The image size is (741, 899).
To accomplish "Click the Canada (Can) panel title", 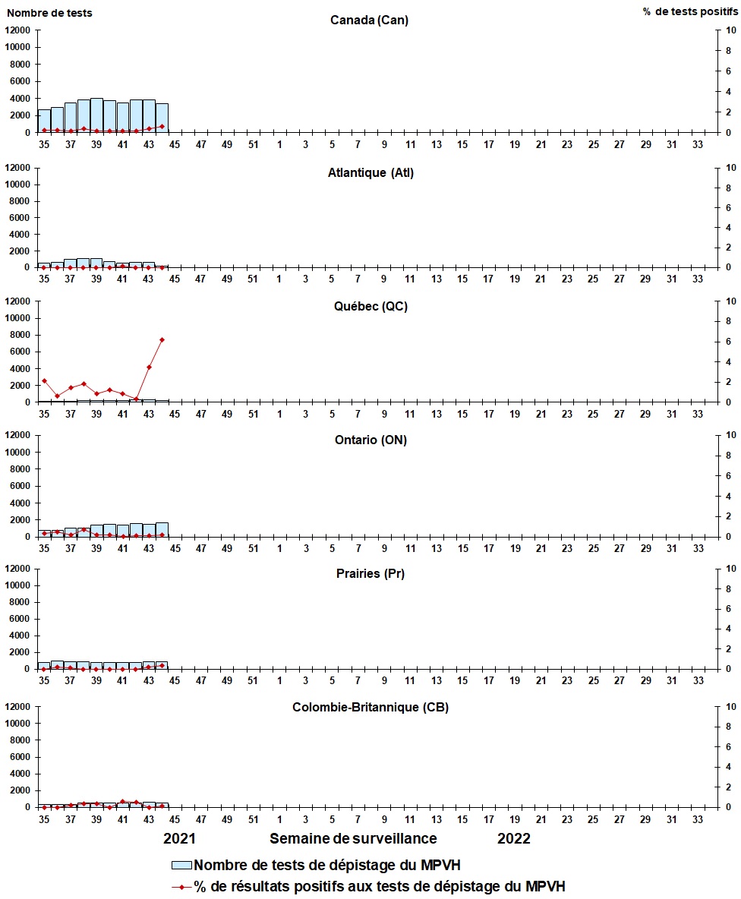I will click(x=369, y=20).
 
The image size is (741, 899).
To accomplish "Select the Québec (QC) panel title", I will click(x=370, y=306).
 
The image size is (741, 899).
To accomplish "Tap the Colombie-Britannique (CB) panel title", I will click(x=370, y=708).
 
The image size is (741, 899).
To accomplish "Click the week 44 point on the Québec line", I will click(x=162, y=339).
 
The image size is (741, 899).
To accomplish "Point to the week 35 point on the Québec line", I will click(x=44, y=380).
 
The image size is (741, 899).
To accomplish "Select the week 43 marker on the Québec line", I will click(x=149, y=367).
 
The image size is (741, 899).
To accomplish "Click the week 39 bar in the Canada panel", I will click(x=96, y=115).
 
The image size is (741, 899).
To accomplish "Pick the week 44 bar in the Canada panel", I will click(x=162, y=118).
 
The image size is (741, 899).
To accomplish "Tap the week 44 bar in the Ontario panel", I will click(x=162, y=529).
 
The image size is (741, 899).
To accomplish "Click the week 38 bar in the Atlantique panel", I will click(x=84, y=263).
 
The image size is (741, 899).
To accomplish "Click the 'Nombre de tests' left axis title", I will click(x=49, y=13).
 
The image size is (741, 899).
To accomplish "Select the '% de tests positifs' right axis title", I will click(x=691, y=13).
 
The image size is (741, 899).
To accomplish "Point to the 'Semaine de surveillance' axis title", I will click(x=353, y=838).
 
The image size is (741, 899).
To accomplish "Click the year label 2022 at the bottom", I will click(x=514, y=838).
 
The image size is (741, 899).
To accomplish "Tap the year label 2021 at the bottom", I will click(x=181, y=838).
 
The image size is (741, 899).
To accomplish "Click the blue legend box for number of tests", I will click(x=182, y=865).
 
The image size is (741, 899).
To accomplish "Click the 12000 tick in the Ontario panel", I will click(x=18, y=435).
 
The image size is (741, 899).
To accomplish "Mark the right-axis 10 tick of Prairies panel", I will click(x=731, y=569).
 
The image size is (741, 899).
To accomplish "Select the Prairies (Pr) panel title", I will click(x=370, y=573).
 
